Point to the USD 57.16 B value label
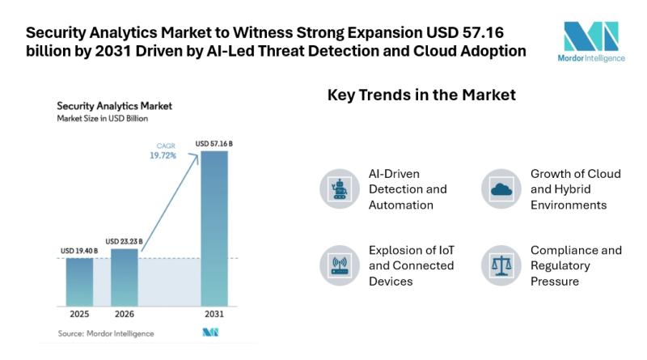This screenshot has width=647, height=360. click(x=214, y=144)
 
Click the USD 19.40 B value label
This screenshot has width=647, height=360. click(x=79, y=252)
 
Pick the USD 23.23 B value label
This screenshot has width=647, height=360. click(x=125, y=241)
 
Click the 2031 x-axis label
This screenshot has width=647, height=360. click(x=214, y=313)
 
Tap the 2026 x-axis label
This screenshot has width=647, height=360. click(x=125, y=313)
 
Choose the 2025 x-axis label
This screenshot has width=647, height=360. click(x=79, y=313)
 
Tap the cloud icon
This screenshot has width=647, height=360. click(x=501, y=189)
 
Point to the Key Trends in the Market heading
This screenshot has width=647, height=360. click(x=421, y=95)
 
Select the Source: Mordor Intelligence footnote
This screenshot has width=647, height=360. click(x=105, y=333)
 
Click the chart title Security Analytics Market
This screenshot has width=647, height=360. click(x=114, y=106)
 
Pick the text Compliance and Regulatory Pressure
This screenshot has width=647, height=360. click(x=576, y=265)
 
